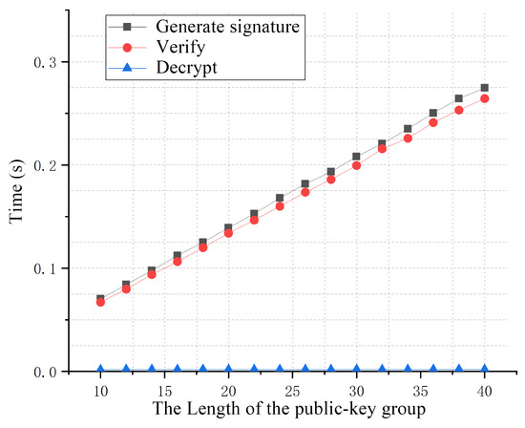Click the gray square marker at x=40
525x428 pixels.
484,88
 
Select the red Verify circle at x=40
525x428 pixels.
484,98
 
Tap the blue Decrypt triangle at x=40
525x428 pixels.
484,369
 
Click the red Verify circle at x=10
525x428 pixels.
100,302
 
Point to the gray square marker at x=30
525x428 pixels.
356,157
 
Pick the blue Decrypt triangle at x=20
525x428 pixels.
228,369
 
